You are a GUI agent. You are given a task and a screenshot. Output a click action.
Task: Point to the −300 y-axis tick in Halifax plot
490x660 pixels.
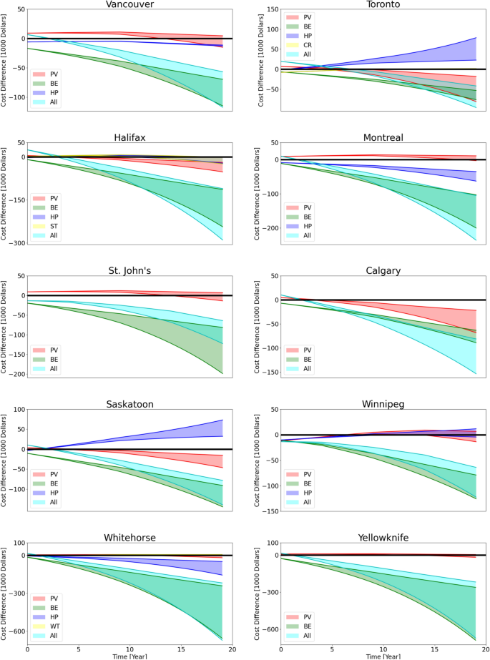pos(16,244)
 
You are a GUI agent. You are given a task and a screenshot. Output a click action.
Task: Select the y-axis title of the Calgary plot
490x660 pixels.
pos(257,325)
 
